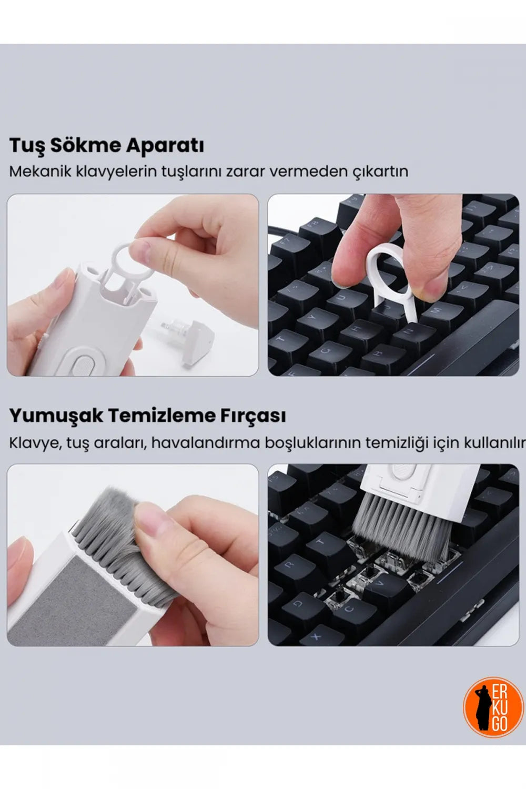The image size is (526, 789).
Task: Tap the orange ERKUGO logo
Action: coord(493,707)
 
